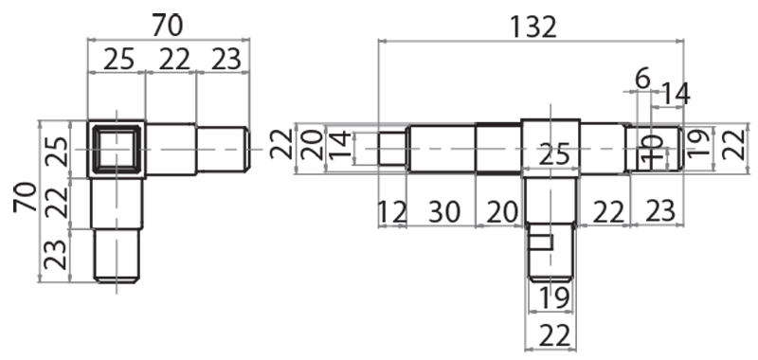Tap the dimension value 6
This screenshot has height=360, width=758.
642,79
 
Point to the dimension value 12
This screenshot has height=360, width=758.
390,212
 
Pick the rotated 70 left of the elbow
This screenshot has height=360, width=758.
26,198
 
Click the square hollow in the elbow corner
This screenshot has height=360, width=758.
117,149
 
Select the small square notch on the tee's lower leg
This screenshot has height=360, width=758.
539,241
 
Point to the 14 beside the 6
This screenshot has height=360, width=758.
676,94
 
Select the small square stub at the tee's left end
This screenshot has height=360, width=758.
392,150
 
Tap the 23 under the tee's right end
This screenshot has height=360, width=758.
652,212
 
